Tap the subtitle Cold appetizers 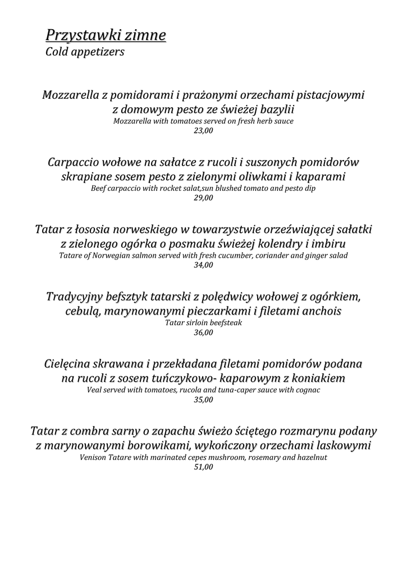point(84,52)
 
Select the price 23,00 point(203,131)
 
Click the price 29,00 point(203,198)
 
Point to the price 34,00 point(203,266)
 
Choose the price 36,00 point(203,333)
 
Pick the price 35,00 point(203,400)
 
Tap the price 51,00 point(203,467)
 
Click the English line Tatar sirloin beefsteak point(203,323)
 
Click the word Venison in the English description point(94,458)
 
